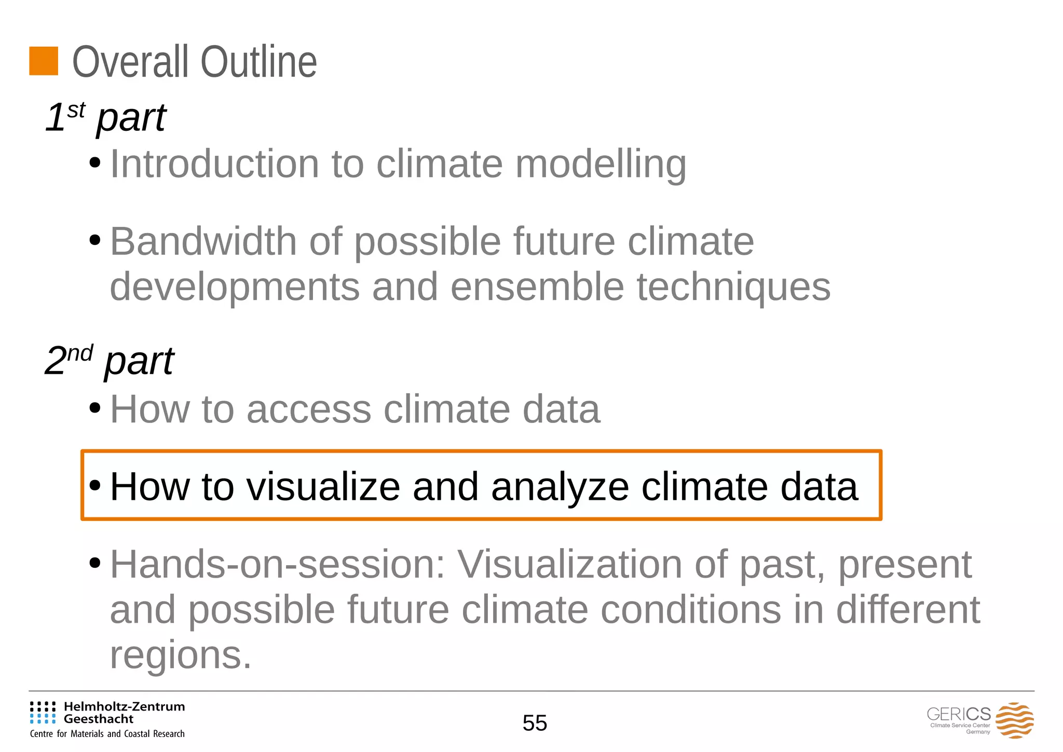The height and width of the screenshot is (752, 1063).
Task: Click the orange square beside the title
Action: [44, 61]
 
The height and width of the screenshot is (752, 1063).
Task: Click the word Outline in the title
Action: [258, 62]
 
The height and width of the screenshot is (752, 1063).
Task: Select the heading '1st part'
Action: [106, 117]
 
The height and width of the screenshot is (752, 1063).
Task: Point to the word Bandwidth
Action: [203, 242]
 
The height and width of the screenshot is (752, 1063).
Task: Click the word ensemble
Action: [537, 287]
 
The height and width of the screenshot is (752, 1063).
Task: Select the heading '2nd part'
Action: [110, 361]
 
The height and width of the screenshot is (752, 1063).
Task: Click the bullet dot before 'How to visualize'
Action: [94, 486]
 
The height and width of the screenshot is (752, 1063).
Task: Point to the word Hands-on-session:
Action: [278, 564]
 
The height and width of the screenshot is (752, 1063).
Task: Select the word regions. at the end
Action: [181, 655]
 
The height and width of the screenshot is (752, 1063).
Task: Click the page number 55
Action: [535, 723]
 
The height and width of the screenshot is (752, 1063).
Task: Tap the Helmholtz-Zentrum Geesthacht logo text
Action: [124, 713]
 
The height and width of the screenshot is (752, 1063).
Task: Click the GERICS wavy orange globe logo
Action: [1014, 720]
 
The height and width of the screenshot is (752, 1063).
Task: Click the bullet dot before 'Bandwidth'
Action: [94, 240]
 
